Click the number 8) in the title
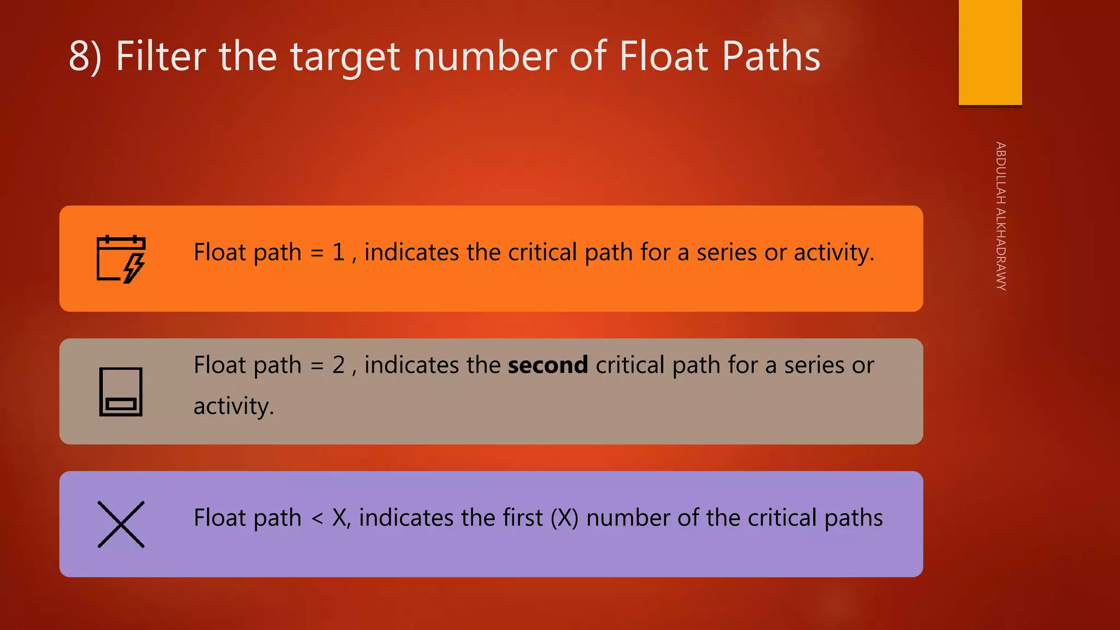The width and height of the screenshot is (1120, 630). tap(85, 56)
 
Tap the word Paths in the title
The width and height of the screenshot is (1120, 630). tap(771, 56)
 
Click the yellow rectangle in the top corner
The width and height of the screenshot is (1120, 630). tap(990, 52)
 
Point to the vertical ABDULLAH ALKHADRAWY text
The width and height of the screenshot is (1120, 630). tap(1000, 216)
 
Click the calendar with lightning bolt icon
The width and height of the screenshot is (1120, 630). tap(121, 259)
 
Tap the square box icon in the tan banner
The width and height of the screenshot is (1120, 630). tap(121, 392)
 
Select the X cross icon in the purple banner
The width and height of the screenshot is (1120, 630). tap(121, 524)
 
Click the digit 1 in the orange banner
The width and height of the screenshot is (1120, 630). tap(339, 253)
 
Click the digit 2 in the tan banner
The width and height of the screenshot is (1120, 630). tap(339, 365)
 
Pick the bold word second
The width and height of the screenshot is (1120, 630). tap(547, 365)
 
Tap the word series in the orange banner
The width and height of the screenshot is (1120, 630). tap(727, 253)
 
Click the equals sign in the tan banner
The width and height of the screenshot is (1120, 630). tap(317, 365)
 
